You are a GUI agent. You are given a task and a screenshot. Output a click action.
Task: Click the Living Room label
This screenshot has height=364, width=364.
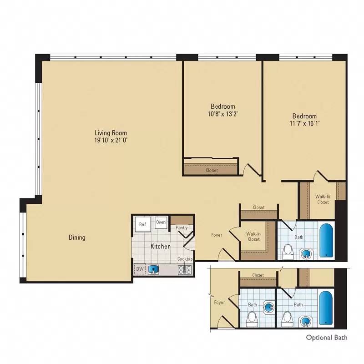coord(111,132)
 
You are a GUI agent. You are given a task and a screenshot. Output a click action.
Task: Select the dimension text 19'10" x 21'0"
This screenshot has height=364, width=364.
coord(111,140)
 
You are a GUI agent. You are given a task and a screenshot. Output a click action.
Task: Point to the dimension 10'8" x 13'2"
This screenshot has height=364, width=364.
coord(222,114)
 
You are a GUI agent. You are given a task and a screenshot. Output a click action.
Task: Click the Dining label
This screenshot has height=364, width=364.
coord(77,238)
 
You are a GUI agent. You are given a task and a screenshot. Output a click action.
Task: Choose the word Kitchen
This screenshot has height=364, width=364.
coord(161,246)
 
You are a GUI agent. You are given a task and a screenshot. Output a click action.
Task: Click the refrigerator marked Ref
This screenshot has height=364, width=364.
coord(142,224)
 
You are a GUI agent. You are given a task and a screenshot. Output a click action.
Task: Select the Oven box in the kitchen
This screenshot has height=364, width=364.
coord(161,222)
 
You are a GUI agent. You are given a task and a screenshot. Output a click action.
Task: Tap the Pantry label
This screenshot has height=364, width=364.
coord(182,227)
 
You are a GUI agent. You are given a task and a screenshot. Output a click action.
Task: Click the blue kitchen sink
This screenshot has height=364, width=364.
coord(153,270)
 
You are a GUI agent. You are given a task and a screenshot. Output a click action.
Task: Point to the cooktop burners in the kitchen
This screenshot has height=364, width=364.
coord(185,270)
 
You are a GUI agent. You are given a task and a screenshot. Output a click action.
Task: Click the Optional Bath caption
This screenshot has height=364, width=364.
coord(326,338)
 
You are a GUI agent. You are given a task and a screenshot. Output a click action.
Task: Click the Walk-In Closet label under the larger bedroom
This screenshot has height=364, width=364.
coord(323,199)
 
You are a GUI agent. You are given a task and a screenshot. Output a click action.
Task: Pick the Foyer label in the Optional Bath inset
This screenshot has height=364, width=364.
coord(220,302)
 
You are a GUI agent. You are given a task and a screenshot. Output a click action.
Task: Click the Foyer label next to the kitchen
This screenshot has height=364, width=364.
coord(217,235)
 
